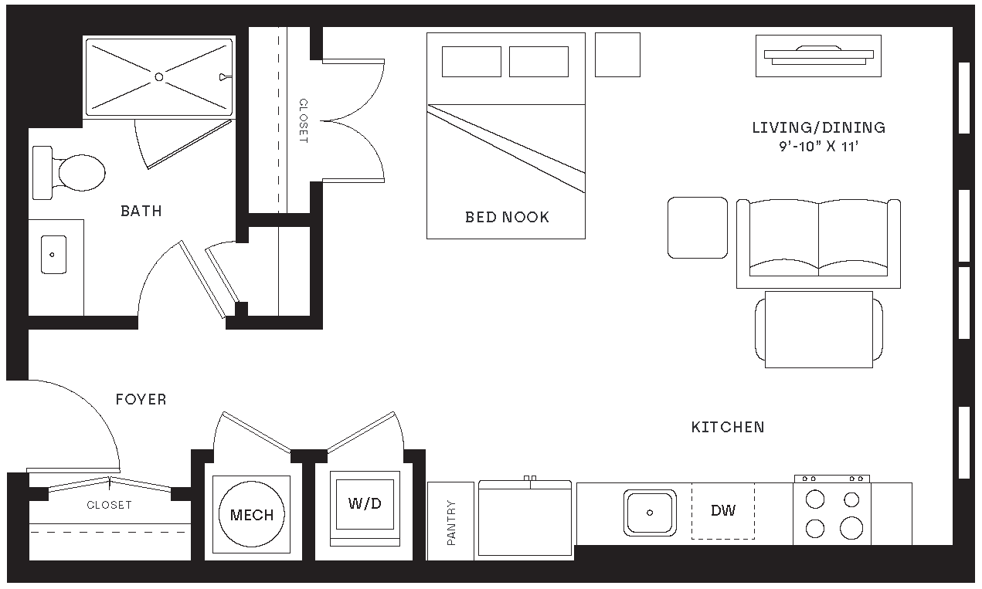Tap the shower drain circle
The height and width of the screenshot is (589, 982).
158,76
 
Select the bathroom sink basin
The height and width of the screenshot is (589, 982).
53,254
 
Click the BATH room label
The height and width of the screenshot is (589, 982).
141,211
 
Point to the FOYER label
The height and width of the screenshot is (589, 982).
141,399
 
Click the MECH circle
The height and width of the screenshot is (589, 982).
252,515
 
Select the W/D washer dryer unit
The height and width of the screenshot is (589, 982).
365,504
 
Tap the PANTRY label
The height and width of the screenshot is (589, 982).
451,523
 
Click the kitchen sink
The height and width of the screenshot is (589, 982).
650,512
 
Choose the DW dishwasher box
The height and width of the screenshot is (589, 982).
723,510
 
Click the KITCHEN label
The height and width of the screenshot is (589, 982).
728,427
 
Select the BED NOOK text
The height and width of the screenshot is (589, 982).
507,217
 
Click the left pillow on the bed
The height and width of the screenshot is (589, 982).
471,62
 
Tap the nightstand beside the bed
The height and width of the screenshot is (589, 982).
617,55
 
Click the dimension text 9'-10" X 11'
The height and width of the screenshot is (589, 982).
819,147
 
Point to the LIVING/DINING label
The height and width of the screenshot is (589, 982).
819,127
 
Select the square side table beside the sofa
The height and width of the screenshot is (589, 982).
698,227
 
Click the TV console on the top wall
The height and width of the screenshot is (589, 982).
818,56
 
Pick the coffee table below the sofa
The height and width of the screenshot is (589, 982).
818,329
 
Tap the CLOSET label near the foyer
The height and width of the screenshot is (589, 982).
109,505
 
